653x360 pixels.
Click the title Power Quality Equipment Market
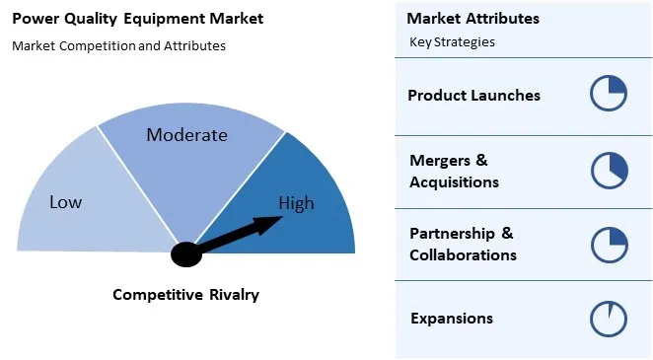tap(137, 19)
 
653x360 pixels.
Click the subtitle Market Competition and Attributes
tap(118, 45)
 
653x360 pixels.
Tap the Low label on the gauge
tap(66, 202)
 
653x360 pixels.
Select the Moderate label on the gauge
tap(186, 135)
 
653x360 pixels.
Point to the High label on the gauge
tap(296, 204)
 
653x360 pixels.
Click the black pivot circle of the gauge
tap(185, 254)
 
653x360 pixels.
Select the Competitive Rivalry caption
tap(185, 295)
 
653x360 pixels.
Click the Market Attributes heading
tap(472, 19)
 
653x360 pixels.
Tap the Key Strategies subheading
tap(452, 42)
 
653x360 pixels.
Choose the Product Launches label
tap(473, 96)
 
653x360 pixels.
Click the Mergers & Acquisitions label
tap(454, 171)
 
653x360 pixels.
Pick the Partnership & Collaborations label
tap(463, 245)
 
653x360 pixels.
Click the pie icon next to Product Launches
tap(609, 95)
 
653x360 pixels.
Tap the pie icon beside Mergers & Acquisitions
tap(609, 170)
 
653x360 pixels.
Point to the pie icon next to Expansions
tap(609, 319)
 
